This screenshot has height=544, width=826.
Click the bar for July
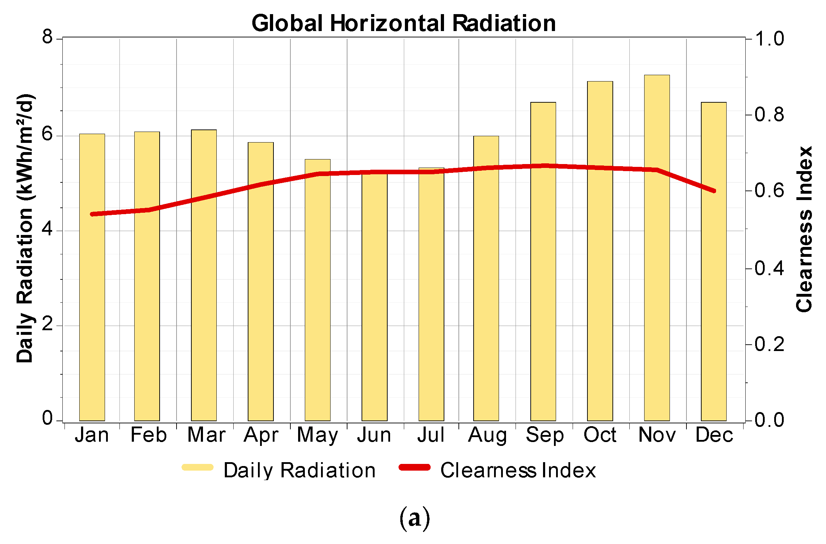coord(431,300)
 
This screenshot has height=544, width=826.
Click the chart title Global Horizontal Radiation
coord(403,23)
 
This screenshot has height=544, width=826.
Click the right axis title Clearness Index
coord(804,229)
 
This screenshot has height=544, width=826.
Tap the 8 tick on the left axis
coord(47,36)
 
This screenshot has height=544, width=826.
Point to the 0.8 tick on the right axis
coord(769,114)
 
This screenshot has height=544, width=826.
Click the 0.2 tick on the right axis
coord(769,344)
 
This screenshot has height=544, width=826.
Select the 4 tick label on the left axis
coord(47,229)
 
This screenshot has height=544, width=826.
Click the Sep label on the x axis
coord(544,435)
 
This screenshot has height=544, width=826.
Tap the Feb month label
coord(148,435)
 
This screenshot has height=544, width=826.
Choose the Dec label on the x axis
coord(714,435)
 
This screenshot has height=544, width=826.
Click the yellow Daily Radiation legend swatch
coord(197,467)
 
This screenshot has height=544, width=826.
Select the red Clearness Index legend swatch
coord(414,467)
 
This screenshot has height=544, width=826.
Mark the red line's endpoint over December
coord(714,191)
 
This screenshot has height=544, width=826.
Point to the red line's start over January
coord(92,214)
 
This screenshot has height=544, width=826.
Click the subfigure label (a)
coord(414,518)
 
